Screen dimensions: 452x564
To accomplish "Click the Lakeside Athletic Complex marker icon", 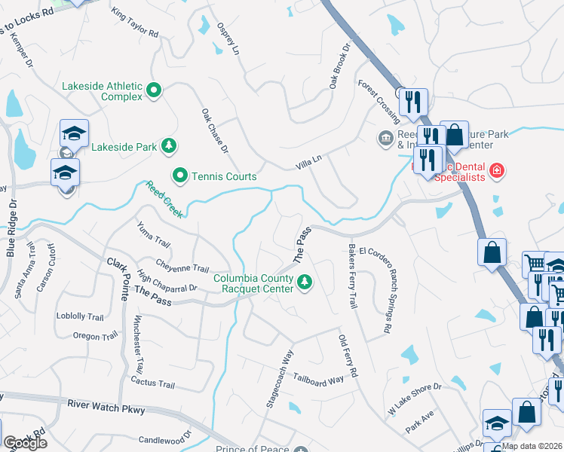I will pos(155,90).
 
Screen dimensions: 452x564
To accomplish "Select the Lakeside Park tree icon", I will pos(170,145).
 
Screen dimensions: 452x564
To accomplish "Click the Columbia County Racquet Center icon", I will pos(305,283).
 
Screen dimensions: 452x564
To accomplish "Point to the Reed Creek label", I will pos(164,200).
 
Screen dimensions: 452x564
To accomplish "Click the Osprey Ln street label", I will pos(228,38).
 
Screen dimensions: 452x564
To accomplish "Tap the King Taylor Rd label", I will pos(134,23).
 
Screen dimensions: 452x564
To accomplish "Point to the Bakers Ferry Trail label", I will pos(352,276).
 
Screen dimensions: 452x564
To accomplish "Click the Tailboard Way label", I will pos(318,379).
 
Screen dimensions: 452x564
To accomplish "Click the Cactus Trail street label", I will pos(152,384).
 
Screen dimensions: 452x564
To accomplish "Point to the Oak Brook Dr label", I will pos(340,66).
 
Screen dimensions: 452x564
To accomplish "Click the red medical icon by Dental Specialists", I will pos(496,170).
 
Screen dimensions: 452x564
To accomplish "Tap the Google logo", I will pos(25,442).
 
